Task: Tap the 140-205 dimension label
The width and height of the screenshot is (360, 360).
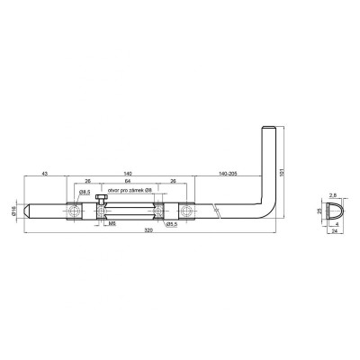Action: (227, 171)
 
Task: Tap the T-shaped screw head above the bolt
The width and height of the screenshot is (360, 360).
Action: (99, 198)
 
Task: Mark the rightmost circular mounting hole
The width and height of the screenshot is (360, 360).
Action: (188, 210)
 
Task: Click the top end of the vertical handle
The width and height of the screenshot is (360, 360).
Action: (265, 131)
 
